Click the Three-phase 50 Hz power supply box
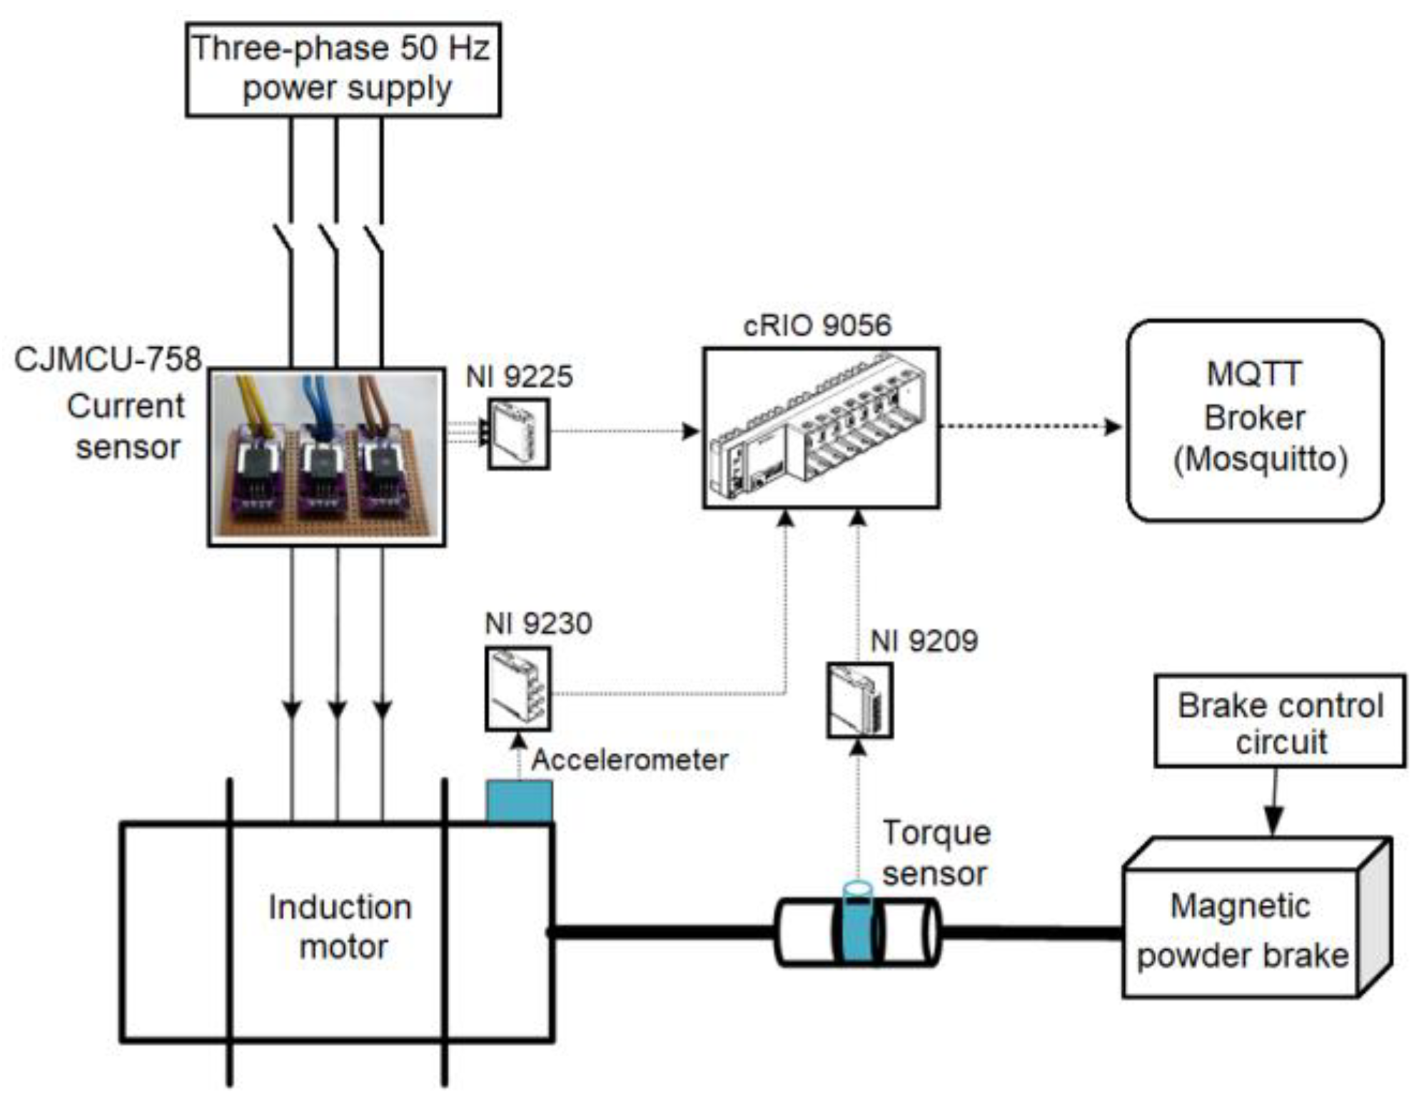click(x=343, y=69)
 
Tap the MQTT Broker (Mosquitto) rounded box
click(x=1254, y=420)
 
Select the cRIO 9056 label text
click(x=817, y=326)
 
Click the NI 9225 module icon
click(x=518, y=434)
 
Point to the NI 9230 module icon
click(x=517, y=688)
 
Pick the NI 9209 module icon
click(x=859, y=701)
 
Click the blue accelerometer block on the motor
click(x=519, y=801)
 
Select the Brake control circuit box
click(x=1279, y=721)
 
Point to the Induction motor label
click(x=340, y=927)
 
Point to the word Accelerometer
click(x=630, y=759)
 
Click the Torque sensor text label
click(x=936, y=853)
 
